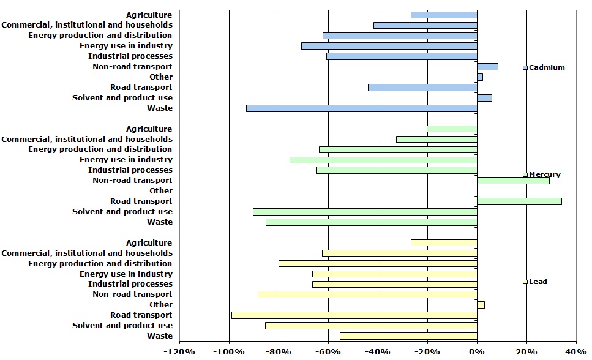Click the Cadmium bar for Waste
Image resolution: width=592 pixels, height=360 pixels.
(361, 108)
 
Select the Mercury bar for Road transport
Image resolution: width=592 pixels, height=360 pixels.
(519, 201)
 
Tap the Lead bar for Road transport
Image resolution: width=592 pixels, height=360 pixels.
(354, 315)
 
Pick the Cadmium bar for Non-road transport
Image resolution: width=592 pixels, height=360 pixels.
(487, 67)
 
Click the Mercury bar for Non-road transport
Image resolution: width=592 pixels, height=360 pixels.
(513, 181)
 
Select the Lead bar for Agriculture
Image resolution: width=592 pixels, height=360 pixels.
(444, 243)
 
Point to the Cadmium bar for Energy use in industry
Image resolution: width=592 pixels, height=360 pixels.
(389, 46)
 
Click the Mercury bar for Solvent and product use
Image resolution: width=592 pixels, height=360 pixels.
(365, 212)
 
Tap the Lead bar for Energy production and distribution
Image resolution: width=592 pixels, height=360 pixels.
(378, 264)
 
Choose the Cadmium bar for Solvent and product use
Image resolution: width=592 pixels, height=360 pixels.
(484, 98)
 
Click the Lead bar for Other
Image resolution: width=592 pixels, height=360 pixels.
(481, 305)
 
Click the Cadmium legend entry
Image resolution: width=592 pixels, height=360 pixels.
(544, 67)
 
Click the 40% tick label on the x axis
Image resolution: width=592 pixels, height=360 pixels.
(575, 352)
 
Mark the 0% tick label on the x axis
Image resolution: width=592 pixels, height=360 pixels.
(476, 352)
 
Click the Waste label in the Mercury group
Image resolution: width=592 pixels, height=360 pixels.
(160, 222)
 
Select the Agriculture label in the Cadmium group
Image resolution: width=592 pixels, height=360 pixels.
(149, 15)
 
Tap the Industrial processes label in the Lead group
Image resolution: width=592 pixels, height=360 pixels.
(130, 284)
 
